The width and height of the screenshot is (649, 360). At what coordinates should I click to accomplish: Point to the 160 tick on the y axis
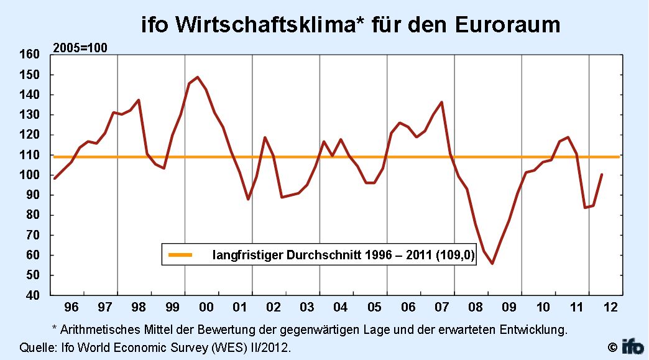tap(31, 55)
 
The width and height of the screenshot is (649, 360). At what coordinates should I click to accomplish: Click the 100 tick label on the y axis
tap(31, 175)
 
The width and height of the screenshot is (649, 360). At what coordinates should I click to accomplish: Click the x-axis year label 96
tap(71, 307)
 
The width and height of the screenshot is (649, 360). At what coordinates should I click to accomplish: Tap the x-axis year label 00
tap(206, 307)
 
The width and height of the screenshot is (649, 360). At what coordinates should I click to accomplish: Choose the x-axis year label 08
tap(476, 307)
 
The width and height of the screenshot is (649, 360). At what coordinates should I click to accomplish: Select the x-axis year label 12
tap(610, 307)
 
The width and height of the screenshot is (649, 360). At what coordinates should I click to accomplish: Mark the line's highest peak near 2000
tap(197, 77)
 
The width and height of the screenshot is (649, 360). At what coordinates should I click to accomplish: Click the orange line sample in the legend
tap(181, 255)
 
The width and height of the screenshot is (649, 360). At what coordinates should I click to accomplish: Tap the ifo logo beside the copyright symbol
tap(633, 346)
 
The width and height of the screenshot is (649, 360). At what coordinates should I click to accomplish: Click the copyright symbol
tap(612, 346)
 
